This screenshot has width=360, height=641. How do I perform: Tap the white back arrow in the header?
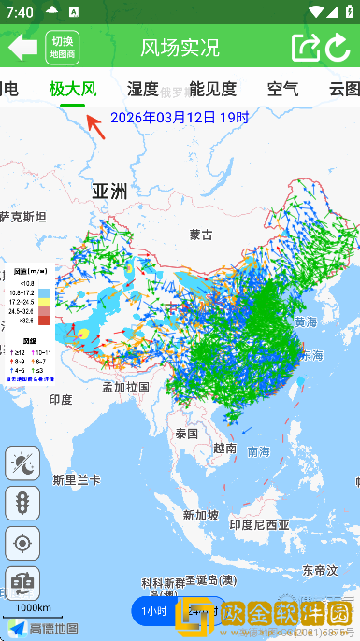point(22,47)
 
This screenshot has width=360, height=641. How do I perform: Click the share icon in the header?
point(305,48)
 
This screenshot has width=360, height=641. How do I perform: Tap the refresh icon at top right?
point(338,48)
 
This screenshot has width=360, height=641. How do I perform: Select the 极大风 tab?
point(73,90)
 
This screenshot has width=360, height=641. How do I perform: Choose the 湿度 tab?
point(142,90)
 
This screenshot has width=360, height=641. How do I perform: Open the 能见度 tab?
point(212,90)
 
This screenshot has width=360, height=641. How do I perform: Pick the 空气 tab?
point(282,90)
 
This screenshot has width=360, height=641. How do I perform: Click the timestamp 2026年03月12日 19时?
point(180,118)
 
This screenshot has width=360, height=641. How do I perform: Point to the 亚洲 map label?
point(108,192)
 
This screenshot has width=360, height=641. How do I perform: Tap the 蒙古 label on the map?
point(201,235)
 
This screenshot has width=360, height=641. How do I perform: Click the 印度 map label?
point(61,399)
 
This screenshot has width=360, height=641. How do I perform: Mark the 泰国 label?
point(186,434)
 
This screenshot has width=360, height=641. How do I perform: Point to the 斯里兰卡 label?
point(77,479)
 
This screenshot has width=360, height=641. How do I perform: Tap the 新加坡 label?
point(201,515)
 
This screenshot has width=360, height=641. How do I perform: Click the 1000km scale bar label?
point(33,608)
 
